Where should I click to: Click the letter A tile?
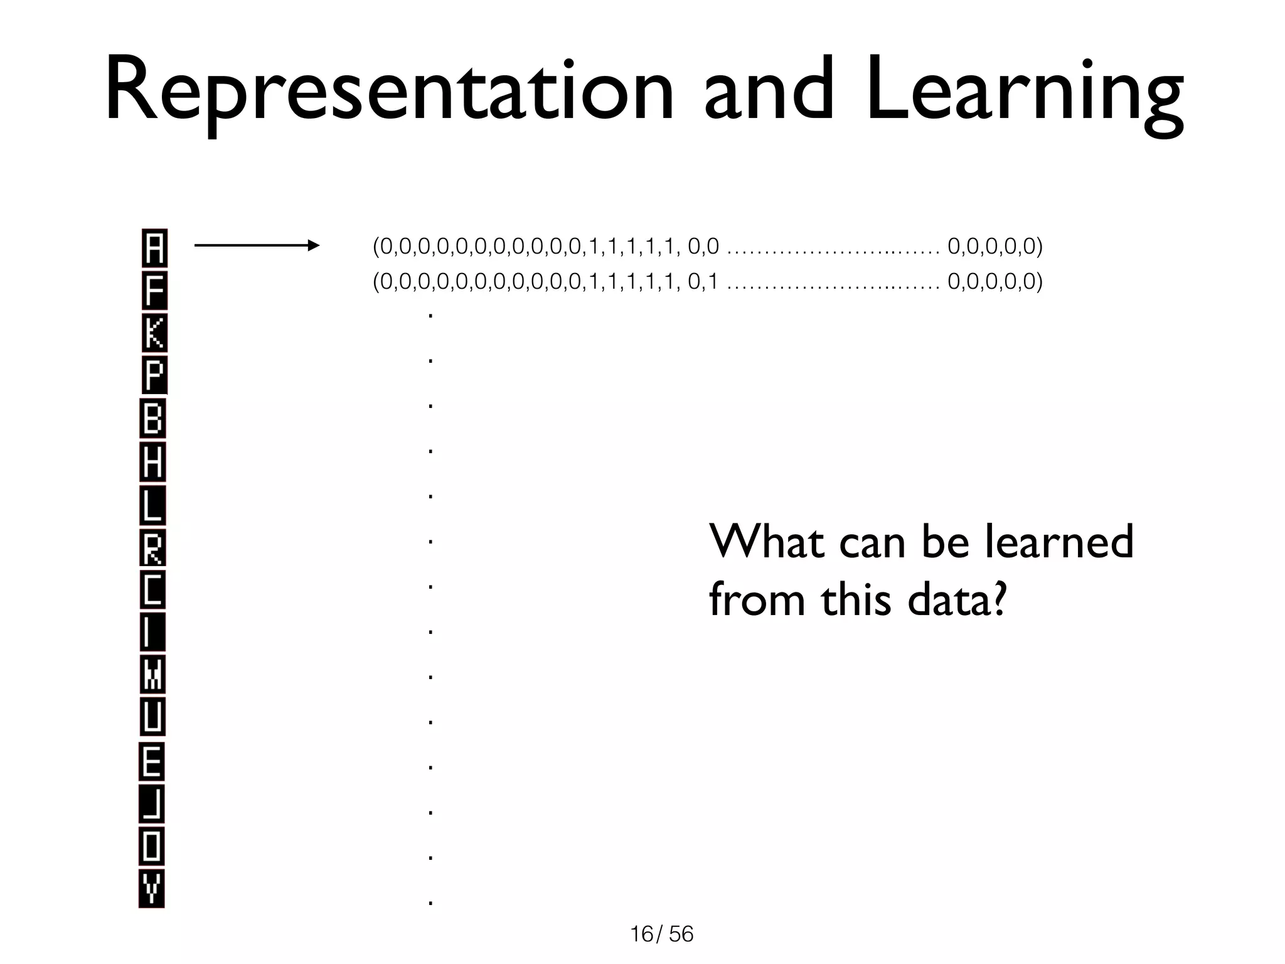click(154, 248)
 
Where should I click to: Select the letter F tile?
click(154, 291)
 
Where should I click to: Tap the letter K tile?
click(154, 333)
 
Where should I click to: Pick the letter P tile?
click(154, 375)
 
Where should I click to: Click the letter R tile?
click(152, 548)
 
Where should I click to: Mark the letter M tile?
click(152, 675)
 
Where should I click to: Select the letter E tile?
click(152, 762)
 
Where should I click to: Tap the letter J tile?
click(152, 804)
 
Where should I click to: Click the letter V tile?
click(151, 889)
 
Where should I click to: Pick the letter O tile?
click(152, 847)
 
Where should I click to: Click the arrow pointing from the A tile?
click(257, 245)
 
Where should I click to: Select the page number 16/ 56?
click(662, 935)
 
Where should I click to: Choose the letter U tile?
click(152, 717)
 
